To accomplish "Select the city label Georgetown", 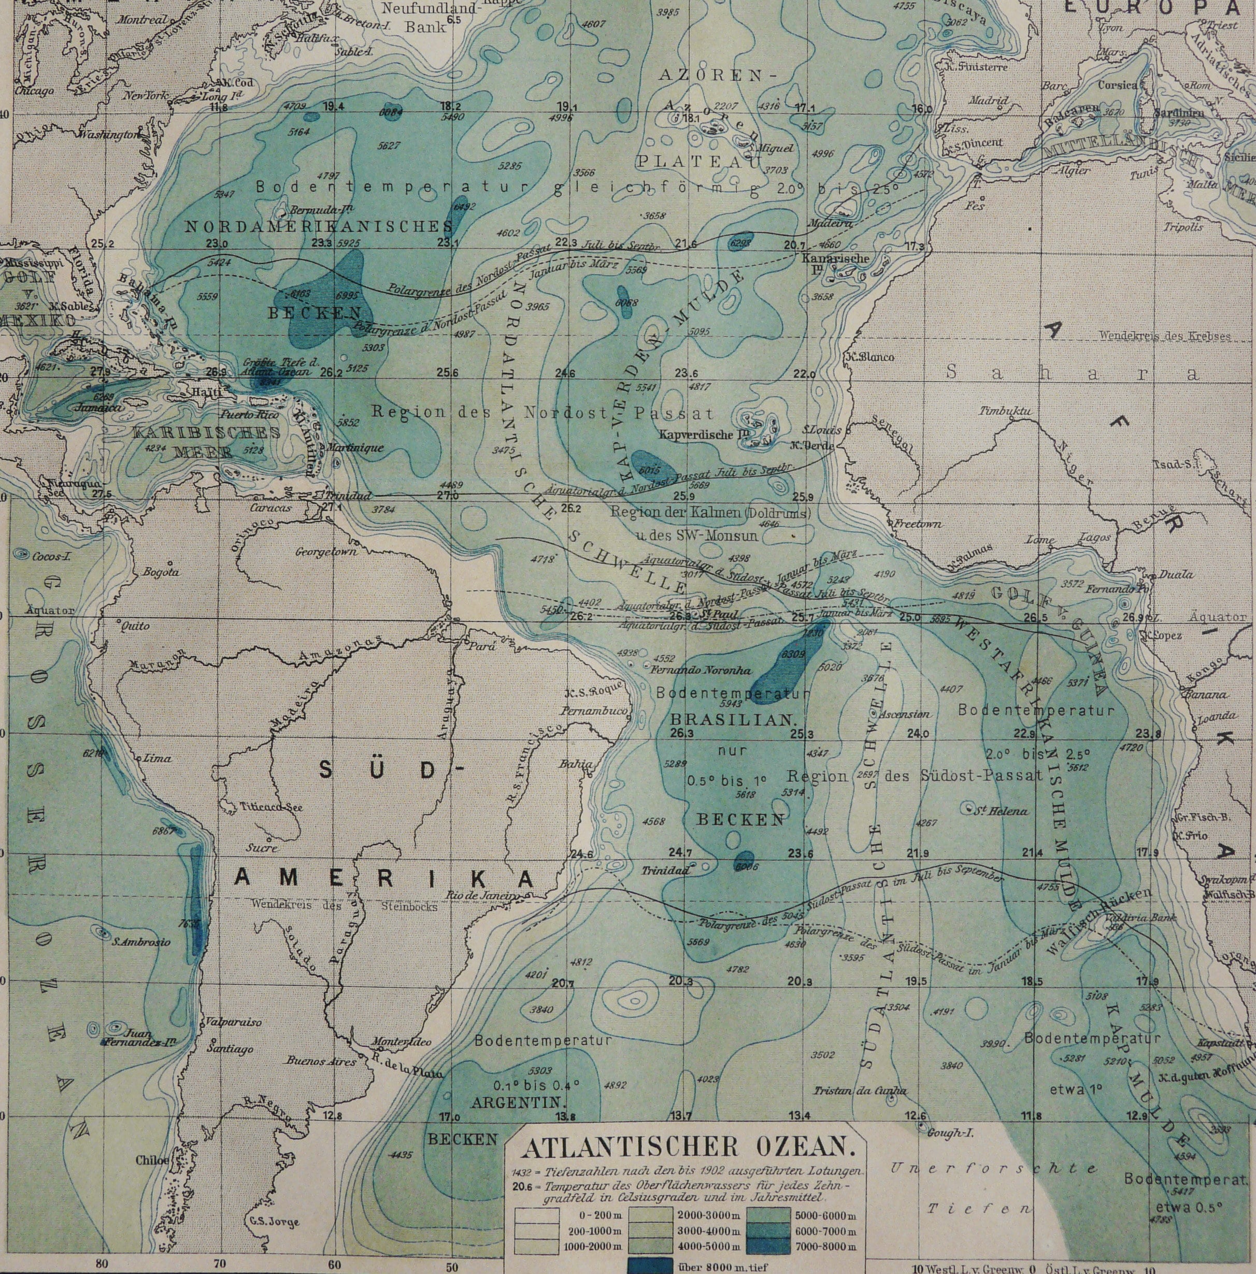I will [326, 551].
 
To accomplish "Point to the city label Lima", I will [157, 758].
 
